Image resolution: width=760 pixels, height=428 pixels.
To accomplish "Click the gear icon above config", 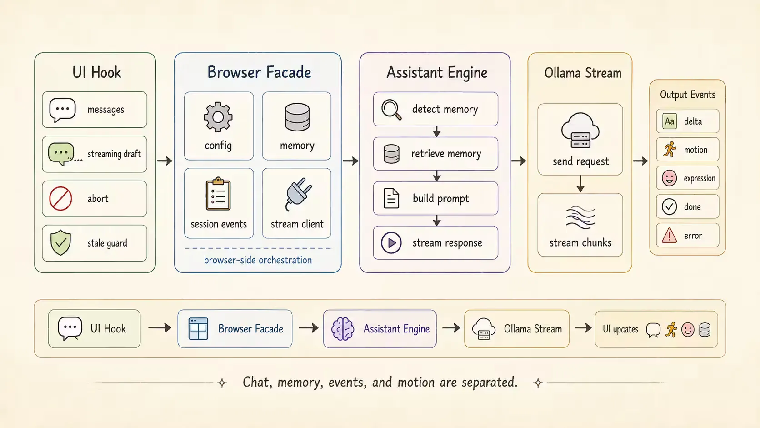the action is click(218, 117).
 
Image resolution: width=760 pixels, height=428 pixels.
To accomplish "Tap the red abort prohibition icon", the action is click(60, 199).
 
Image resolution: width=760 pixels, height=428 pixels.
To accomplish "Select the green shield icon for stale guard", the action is click(60, 242).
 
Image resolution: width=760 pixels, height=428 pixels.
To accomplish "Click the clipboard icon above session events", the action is click(218, 194).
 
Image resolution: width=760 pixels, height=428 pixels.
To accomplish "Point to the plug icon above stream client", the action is click(298, 194).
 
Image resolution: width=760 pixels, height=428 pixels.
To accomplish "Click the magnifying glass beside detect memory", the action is click(391, 109).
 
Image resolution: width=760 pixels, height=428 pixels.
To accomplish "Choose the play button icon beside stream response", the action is click(391, 243).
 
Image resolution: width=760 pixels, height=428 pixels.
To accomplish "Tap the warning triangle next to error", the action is click(669, 235).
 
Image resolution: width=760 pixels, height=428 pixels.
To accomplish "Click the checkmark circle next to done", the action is click(669, 206).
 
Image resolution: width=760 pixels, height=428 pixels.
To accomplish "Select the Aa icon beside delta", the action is click(670, 121).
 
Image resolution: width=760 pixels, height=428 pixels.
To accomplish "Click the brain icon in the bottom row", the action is click(342, 328).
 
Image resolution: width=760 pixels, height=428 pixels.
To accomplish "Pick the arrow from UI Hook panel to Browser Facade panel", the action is click(165, 161).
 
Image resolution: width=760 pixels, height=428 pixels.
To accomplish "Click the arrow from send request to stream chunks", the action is click(580, 184).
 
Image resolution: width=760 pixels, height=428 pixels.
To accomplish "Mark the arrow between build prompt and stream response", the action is click(437, 220).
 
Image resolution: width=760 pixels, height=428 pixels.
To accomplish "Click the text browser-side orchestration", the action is click(258, 260).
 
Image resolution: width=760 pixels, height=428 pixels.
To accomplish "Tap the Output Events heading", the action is click(687, 94).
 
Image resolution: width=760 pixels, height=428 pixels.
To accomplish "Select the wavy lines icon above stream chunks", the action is click(580, 217).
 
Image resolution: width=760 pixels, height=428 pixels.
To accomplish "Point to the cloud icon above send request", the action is click(580, 131).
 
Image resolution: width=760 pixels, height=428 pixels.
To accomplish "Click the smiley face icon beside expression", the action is click(669, 178).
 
